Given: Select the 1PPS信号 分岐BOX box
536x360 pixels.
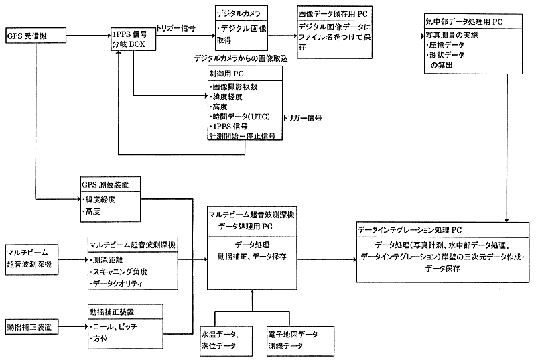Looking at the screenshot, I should point(133,38).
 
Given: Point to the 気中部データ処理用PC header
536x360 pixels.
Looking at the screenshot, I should point(473,22).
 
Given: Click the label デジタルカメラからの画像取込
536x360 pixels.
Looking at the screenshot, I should point(240,58).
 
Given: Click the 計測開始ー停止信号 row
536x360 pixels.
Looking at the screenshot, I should point(243,135).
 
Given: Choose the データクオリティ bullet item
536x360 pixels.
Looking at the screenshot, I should point(117,284).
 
